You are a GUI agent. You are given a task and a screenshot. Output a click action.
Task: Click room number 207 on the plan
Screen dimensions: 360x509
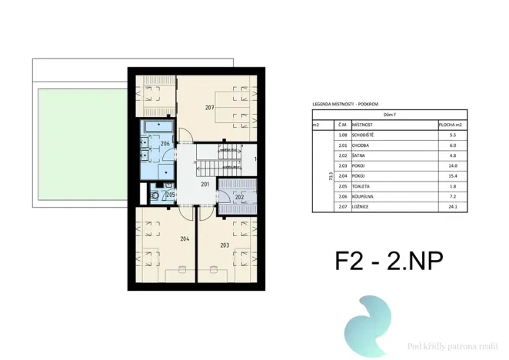click(x=209, y=108)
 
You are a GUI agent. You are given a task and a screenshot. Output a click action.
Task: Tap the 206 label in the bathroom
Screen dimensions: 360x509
click(x=165, y=144)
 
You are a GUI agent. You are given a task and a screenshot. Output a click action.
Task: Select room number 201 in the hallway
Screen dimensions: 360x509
click(x=205, y=185)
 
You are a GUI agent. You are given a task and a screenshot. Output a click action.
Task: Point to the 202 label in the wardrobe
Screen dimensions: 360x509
click(x=239, y=198)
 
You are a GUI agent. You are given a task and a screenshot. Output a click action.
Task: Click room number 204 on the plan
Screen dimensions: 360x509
click(x=185, y=239)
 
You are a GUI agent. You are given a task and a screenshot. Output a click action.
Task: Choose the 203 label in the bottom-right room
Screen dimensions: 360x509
click(x=225, y=245)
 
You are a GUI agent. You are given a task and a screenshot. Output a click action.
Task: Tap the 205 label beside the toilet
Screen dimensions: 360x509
click(x=171, y=195)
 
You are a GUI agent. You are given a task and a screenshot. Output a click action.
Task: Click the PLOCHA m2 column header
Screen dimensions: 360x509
click(x=451, y=123)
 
